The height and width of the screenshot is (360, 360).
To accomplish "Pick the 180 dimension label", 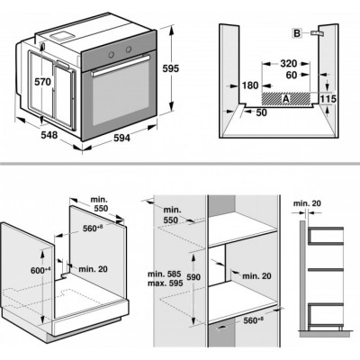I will [x=251, y=85].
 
